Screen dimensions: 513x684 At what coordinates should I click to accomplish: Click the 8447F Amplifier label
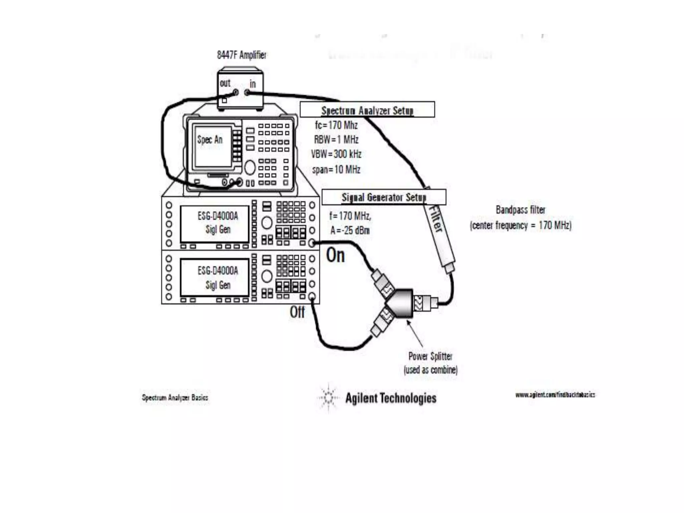point(242,55)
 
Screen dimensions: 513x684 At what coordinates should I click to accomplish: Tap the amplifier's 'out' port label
point(225,83)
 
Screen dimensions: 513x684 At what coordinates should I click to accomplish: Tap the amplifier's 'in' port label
point(252,84)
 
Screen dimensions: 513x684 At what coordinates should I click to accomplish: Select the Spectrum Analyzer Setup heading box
point(367,110)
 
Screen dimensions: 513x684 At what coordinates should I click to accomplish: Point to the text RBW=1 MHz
point(336,139)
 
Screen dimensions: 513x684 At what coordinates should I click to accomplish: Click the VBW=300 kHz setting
point(336,154)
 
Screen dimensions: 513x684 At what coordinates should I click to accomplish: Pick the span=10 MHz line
point(336,170)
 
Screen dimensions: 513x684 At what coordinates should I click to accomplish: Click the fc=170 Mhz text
point(336,125)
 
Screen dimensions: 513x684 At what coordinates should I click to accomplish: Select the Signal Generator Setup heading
point(384,197)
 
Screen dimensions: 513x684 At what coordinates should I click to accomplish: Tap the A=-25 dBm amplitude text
point(350,230)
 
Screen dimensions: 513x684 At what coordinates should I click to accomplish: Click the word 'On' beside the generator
point(335,255)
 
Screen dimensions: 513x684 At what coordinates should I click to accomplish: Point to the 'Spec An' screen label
point(210,140)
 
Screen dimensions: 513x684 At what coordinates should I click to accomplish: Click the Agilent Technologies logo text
point(391,398)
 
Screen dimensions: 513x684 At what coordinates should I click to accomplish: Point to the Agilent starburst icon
point(328,397)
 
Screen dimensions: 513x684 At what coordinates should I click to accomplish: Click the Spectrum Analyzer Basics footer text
point(175,397)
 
